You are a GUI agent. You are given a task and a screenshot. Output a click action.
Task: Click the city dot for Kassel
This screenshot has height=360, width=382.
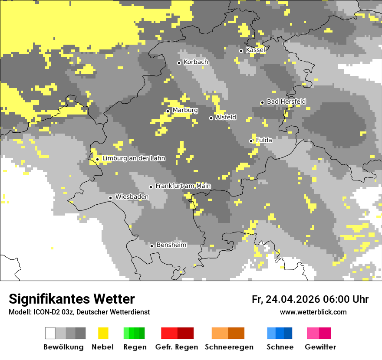pos(241,51)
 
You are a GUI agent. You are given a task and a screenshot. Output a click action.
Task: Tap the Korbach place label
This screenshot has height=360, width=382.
pos(196,62)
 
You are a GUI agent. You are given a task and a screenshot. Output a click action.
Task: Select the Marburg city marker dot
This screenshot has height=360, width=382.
pos(168,111)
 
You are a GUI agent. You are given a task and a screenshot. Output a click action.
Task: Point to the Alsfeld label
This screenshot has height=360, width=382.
pos(226,117)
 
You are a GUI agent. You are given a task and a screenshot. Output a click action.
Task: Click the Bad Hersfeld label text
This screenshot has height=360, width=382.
pos(286,101)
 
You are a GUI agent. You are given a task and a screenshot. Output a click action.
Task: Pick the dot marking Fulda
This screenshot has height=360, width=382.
pos(251,141)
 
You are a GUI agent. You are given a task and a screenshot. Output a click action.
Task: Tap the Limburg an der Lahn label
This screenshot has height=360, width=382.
pos(134,158)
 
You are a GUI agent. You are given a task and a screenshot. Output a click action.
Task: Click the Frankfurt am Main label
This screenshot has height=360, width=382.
pos(183,186)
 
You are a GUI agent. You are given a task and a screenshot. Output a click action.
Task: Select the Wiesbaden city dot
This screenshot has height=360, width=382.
pos(110,198)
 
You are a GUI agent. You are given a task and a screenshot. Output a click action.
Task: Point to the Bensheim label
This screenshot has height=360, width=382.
pos(171,245)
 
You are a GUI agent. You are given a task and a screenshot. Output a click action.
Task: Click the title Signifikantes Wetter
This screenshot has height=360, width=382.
pos(72,299)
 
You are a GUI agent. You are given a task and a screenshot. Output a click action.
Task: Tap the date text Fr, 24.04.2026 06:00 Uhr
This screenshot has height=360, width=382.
pos(310,299)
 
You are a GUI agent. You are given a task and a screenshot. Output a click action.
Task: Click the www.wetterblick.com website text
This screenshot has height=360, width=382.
pos(313,312)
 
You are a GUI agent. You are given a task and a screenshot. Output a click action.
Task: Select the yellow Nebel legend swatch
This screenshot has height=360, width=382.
pos(103,333)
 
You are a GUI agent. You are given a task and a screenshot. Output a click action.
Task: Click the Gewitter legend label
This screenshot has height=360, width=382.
pos(320,347)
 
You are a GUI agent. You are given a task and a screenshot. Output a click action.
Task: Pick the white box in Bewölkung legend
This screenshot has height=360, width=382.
pos(50,333)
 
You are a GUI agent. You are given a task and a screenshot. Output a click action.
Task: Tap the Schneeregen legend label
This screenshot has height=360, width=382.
pos(229,347)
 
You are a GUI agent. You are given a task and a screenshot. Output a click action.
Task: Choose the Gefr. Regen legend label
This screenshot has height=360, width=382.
pos(177,347)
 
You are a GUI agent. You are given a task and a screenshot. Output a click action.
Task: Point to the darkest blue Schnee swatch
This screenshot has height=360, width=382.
pos(288,333)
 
